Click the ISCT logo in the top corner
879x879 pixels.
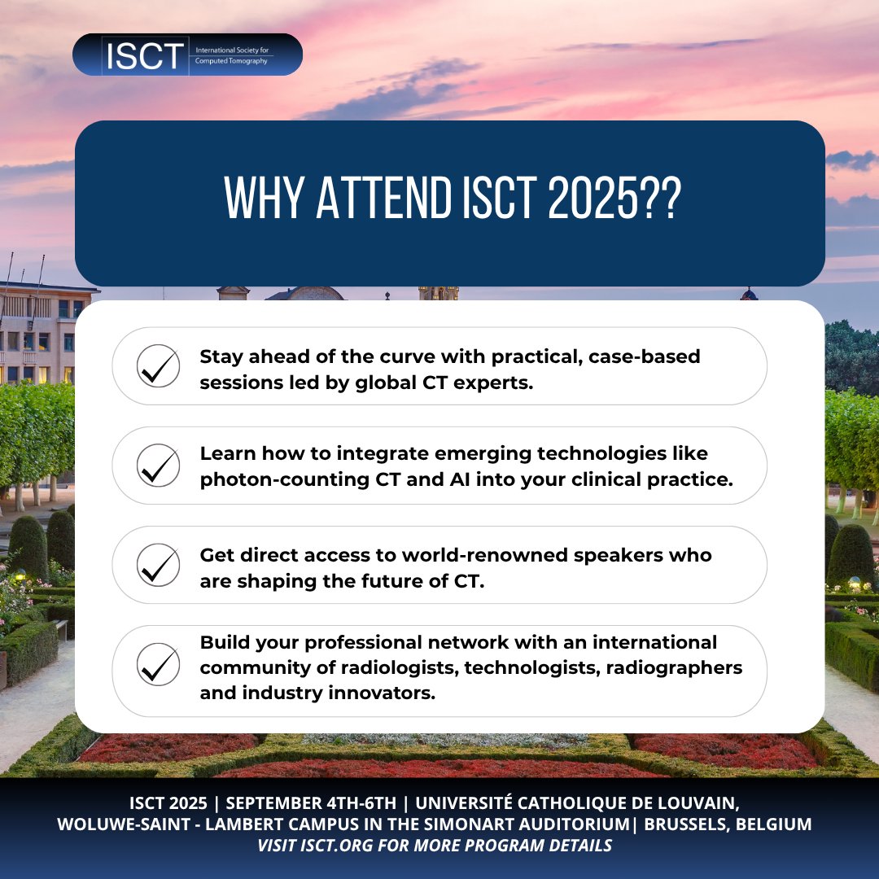coord(187,55)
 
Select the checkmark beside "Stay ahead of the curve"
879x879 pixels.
coord(158,366)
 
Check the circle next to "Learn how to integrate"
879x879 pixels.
coord(158,466)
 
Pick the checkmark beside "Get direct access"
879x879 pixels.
coord(158,565)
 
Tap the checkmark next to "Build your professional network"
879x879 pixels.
coord(158,664)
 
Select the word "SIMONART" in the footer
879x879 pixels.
coord(473,824)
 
